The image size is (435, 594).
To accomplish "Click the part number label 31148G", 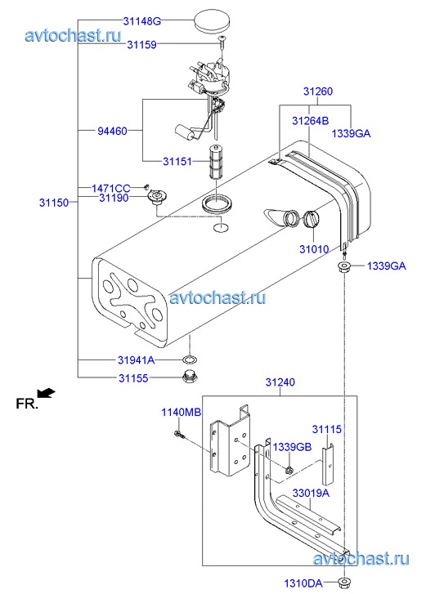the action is coord(141,21).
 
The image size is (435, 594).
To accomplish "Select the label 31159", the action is coord(141,45).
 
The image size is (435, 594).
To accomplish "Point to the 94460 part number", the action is coord(112,131).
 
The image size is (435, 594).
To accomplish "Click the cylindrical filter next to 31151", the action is coord(215,162).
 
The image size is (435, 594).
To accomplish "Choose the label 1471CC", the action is coord(110,188).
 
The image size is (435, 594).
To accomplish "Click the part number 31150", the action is coord(54,203).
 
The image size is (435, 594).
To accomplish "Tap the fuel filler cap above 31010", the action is coord(311,219).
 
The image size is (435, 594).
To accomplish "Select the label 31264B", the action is coord(310,121).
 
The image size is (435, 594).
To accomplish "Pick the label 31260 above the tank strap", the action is coord(318,92).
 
